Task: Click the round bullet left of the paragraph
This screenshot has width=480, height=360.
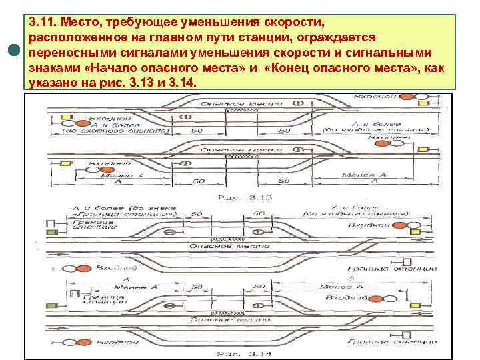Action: click(13, 53)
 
